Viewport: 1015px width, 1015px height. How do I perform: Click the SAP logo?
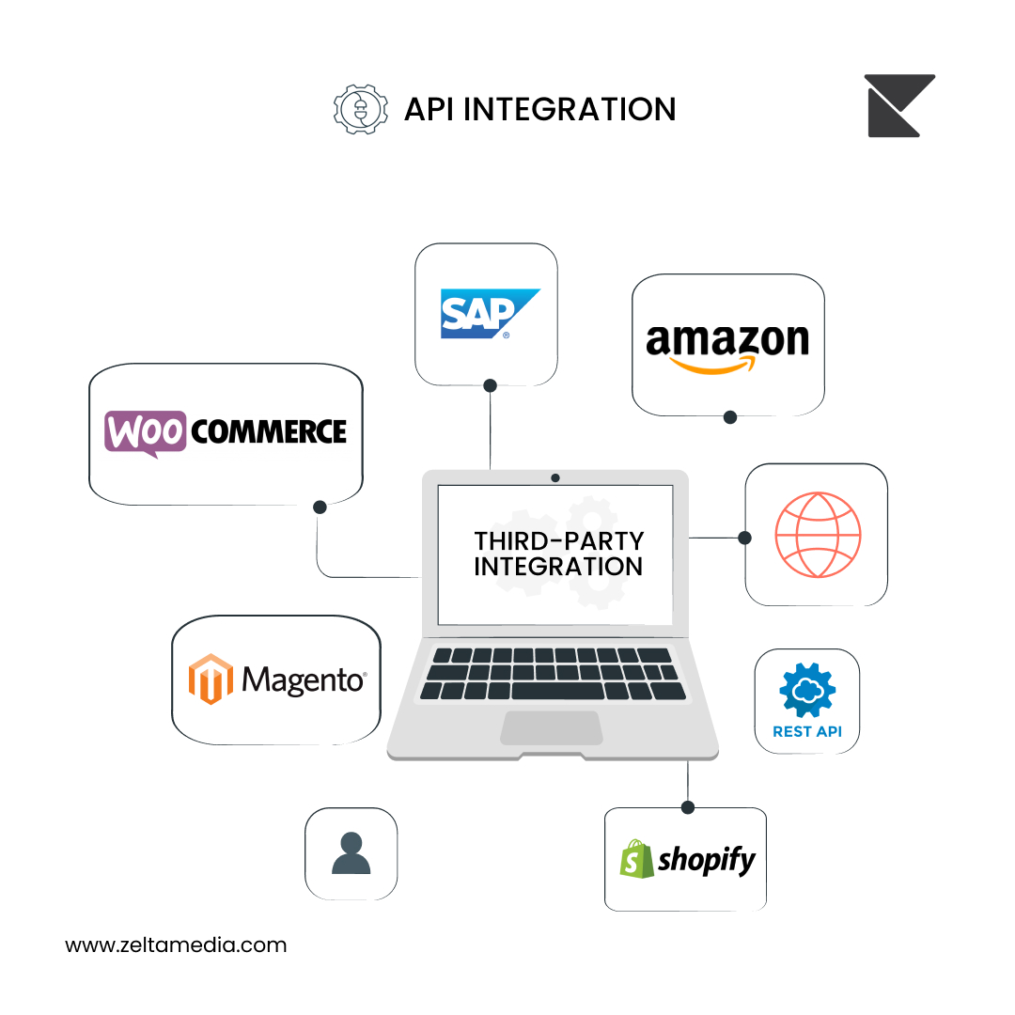(x=490, y=313)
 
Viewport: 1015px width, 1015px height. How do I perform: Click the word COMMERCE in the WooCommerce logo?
(x=269, y=431)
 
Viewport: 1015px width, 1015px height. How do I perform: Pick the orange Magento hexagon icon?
(x=211, y=679)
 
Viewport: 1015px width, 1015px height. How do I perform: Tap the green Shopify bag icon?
(x=636, y=859)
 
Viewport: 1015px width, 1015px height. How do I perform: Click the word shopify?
(x=707, y=860)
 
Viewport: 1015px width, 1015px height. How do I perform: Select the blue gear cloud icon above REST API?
(x=807, y=690)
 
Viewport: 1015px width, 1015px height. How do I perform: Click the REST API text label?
(x=807, y=731)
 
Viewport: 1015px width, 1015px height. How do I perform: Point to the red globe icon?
(x=819, y=535)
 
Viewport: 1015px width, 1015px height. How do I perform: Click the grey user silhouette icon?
(x=351, y=853)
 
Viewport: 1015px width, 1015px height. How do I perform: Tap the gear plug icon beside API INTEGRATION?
(x=361, y=109)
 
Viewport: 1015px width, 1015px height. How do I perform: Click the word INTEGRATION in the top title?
(x=570, y=109)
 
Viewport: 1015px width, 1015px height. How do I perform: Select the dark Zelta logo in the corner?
(x=899, y=105)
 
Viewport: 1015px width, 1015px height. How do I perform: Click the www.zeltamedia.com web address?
(x=176, y=945)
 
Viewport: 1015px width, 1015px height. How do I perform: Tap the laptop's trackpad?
(x=553, y=727)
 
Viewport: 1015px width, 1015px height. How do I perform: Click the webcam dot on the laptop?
(x=555, y=477)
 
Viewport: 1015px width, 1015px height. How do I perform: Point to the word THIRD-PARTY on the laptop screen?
(x=559, y=540)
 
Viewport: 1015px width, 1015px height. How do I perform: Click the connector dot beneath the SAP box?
(x=490, y=386)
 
